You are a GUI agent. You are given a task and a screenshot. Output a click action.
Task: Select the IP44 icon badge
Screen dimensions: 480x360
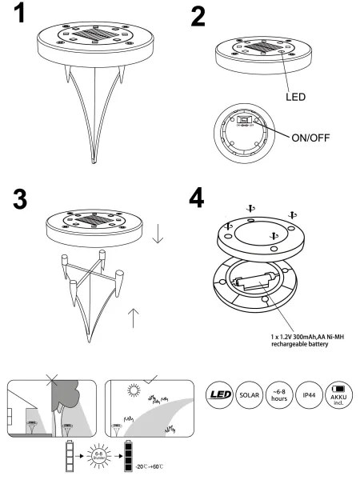click(309, 395)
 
